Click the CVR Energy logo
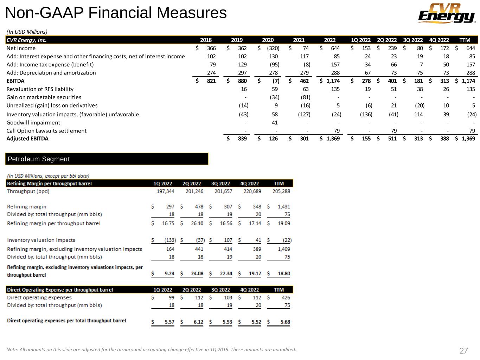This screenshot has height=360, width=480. (x=446, y=13)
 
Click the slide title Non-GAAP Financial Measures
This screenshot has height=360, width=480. (x=116, y=13)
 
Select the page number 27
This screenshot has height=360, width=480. (x=463, y=351)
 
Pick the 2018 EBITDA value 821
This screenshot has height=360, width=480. (x=211, y=81)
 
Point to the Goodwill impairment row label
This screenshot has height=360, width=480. (x=33, y=123)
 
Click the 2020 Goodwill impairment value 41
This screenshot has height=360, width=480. (x=275, y=123)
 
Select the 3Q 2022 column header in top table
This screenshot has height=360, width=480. (x=413, y=40)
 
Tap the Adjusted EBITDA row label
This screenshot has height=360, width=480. (x=27, y=139)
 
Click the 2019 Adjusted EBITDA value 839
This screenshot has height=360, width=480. (x=242, y=139)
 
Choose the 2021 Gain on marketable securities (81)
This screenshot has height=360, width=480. (x=305, y=97)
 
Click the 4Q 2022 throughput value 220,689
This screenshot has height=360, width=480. (x=252, y=191)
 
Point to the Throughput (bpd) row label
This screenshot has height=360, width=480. (x=28, y=191)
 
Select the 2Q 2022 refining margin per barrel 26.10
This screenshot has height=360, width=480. (x=197, y=223)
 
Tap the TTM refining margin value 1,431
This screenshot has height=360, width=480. (x=283, y=207)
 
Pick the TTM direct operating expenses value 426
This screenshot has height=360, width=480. (x=286, y=297)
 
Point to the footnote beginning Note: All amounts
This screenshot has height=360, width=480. (x=151, y=349)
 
